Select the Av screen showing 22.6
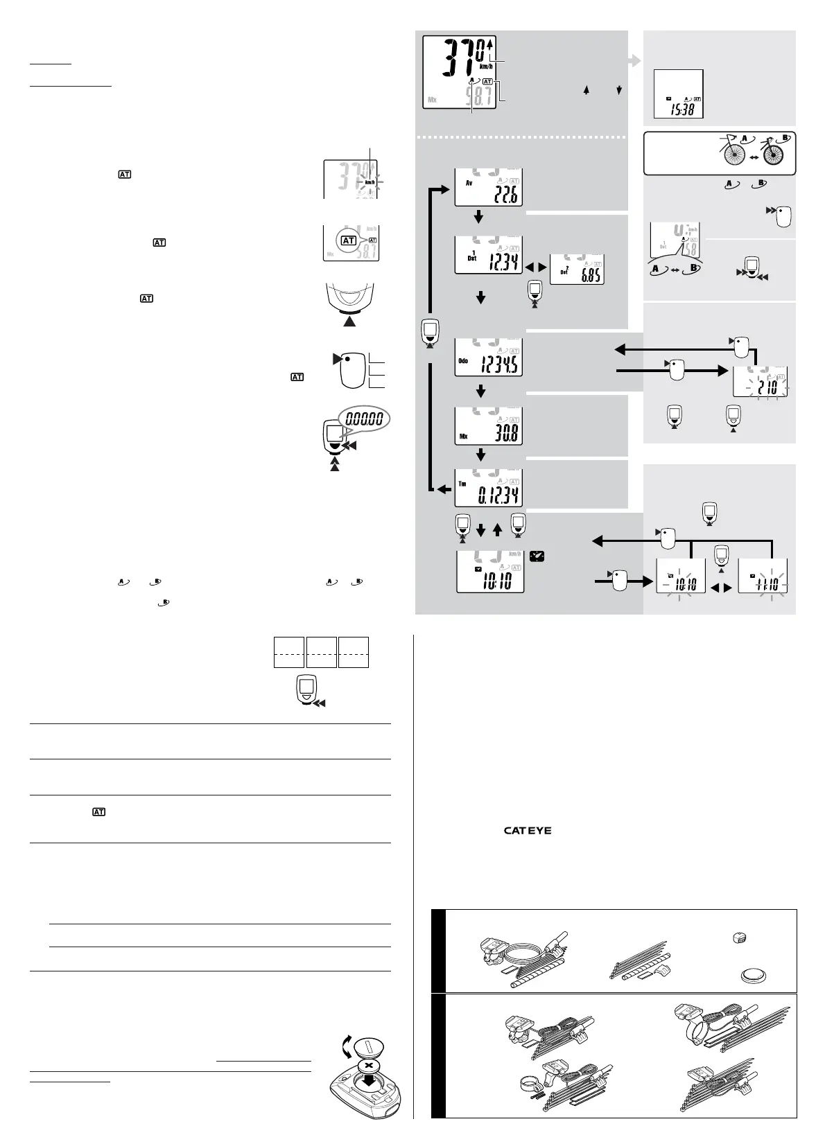(488, 187)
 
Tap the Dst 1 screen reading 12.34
(488, 255)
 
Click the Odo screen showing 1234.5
(488, 358)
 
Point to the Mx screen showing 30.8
(488, 425)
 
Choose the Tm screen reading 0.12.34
(488, 488)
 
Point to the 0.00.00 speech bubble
(365, 419)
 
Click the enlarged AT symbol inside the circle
(348, 240)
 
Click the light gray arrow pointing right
(633, 61)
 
